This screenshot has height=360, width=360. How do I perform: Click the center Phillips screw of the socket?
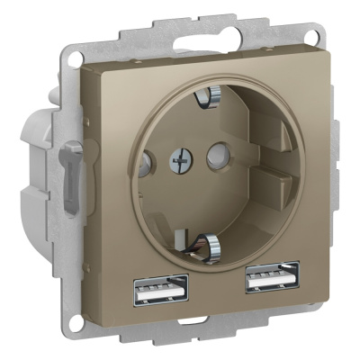[x=177, y=162]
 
